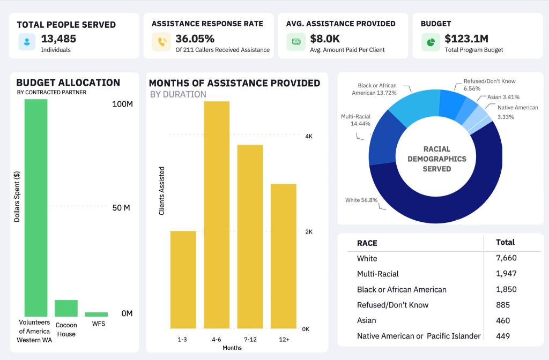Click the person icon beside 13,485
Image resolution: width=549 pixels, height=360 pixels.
point(26,42)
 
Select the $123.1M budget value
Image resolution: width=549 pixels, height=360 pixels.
point(466,39)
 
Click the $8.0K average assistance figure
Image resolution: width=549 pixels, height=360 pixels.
point(325,39)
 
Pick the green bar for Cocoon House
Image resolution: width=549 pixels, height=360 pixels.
point(66,308)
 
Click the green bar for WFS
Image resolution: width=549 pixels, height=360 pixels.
point(97,314)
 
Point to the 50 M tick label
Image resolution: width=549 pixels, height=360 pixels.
point(121,208)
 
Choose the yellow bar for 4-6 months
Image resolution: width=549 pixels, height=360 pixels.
point(217,214)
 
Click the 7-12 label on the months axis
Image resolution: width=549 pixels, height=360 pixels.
point(250,339)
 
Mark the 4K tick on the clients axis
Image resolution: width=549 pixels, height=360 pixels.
point(309,137)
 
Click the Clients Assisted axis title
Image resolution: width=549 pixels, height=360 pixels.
point(161,191)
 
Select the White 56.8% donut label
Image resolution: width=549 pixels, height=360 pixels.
point(361,200)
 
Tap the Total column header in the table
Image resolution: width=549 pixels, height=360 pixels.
point(505,242)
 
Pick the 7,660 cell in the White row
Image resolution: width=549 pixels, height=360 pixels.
point(507,258)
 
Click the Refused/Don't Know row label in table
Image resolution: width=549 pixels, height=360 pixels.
point(392,305)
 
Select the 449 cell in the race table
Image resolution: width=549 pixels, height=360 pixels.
point(503,336)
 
